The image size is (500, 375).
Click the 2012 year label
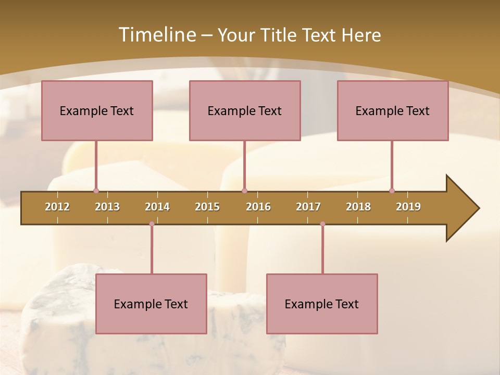[x=57, y=207]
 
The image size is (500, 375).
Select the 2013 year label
[x=107, y=207]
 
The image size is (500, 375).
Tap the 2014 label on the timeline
[x=157, y=207]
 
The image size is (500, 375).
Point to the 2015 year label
[x=207, y=207]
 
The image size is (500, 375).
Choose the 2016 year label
[x=258, y=207]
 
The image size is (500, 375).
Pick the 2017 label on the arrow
[x=308, y=207]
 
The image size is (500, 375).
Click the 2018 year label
[x=358, y=207]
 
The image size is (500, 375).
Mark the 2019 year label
[x=408, y=207]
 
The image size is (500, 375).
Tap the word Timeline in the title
[x=156, y=35]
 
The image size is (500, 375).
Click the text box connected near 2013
[x=97, y=110]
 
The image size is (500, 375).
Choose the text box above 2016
[x=245, y=110]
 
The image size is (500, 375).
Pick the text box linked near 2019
[x=393, y=110]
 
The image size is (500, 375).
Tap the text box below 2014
[x=151, y=304]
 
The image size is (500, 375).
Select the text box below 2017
[x=322, y=304]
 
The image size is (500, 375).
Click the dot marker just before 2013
[x=96, y=191]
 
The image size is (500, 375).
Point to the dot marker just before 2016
[x=244, y=191]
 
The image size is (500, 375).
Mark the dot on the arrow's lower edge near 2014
[x=152, y=224]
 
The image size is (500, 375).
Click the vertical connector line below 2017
[x=322, y=249]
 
